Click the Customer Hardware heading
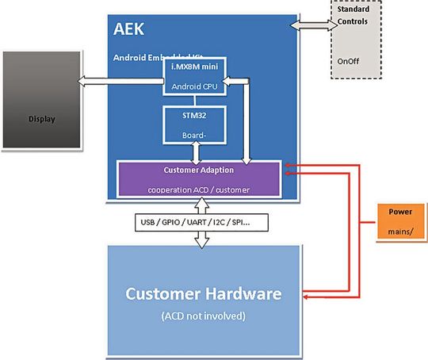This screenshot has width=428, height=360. pos(203,293)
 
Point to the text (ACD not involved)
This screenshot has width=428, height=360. pos(203,315)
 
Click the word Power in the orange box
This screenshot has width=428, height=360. pos(400,212)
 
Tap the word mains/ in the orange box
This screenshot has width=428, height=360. pos(400,231)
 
